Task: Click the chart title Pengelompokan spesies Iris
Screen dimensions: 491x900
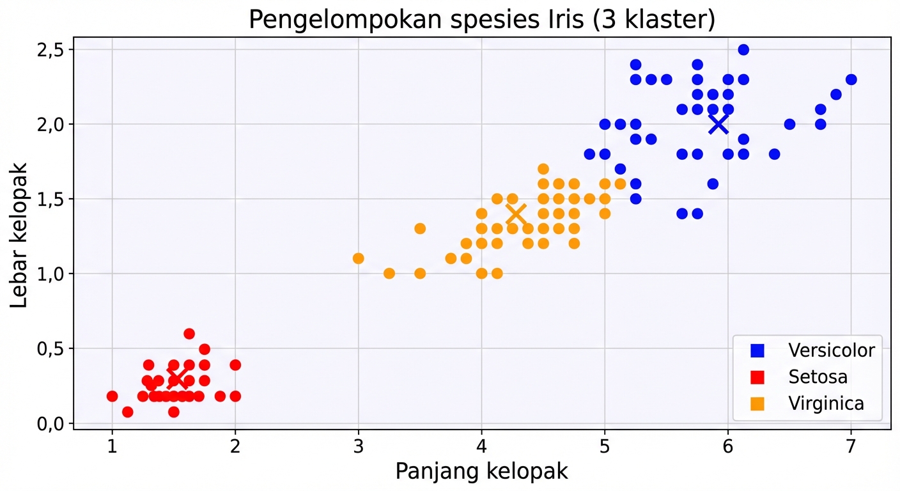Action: pyautogui.click(x=481, y=20)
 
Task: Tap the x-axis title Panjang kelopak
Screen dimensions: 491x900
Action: pyautogui.click(x=481, y=472)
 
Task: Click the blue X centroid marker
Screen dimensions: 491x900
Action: pyautogui.click(x=718, y=124)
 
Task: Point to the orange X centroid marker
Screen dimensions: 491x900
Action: pyautogui.click(x=516, y=214)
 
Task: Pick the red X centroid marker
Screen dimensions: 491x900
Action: pyautogui.click(x=177, y=378)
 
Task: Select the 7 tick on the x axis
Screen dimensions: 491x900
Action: pyautogui.click(x=850, y=446)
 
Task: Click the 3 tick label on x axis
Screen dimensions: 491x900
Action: pyautogui.click(x=358, y=446)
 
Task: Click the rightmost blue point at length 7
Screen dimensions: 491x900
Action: pyautogui.click(x=851, y=79)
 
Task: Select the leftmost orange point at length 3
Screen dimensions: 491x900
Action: pyautogui.click(x=358, y=258)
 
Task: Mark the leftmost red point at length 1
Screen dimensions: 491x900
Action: pyautogui.click(x=112, y=396)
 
